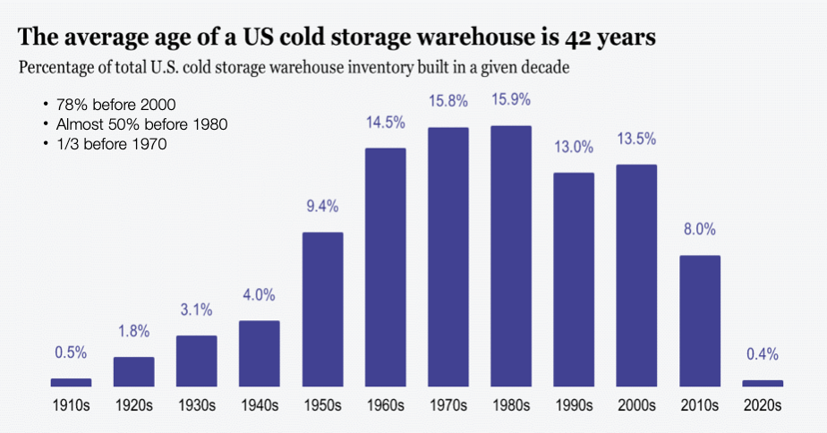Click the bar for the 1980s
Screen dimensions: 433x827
click(511, 256)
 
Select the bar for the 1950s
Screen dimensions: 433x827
click(322, 309)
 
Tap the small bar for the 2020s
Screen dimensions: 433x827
click(763, 383)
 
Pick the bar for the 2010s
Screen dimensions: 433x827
click(700, 320)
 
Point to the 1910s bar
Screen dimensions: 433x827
click(71, 382)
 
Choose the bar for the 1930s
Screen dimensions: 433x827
click(196, 361)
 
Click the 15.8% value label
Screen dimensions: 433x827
click(448, 101)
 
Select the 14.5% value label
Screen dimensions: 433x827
click(385, 122)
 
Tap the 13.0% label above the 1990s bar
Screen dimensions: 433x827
click(574, 147)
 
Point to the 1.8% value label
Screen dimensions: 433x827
click(133, 331)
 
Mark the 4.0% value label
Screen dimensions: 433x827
click(260, 294)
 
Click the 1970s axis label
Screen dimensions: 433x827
click(448, 405)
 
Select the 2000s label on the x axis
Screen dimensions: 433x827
click(636, 405)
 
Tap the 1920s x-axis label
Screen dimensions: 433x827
click(133, 405)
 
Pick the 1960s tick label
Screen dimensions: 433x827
click(385, 405)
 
